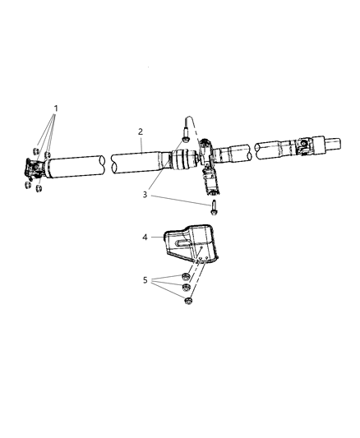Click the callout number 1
point(56,108)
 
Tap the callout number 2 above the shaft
point(141,131)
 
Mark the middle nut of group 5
point(187,288)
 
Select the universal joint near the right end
point(303,147)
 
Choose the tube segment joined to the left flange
point(74,166)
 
